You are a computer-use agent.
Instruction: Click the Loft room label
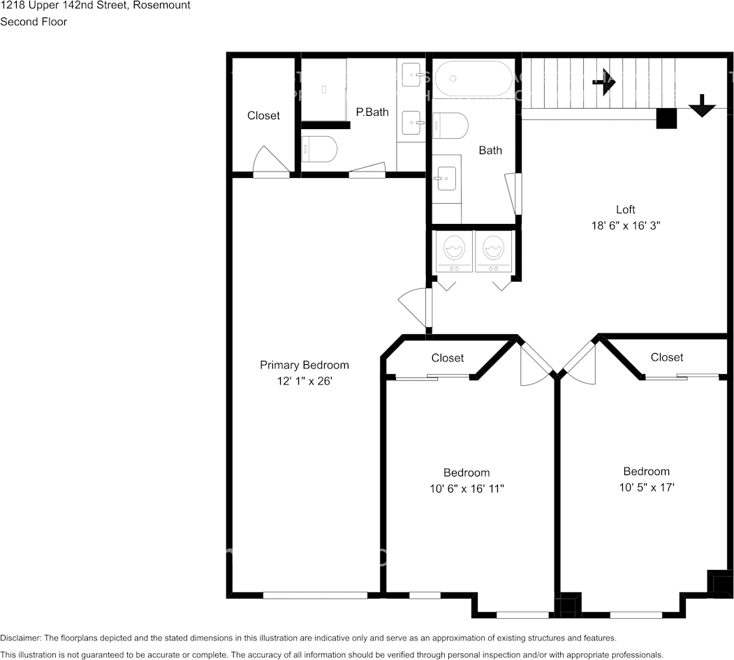(x=625, y=209)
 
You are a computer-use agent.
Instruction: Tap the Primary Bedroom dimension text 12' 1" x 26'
(x=304, y=381)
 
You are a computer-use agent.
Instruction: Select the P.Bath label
(x=372, y=112)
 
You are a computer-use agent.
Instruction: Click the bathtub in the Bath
(x=474, y=79)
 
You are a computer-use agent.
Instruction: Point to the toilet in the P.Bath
(x=318, y=149)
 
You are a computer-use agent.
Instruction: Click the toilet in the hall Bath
(x=450, y=126)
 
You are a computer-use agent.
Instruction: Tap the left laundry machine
(x=454, y=252)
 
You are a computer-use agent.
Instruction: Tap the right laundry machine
(x=493, y=252)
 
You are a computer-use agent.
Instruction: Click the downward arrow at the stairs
(x=702, y=106)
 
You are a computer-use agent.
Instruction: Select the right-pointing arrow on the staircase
(x=604, y=83)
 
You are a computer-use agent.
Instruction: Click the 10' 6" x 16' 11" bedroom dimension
(x=467, y=489)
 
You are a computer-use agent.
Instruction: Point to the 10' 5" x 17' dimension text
(x=647, y=488)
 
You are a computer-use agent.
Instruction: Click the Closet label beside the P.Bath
(x=263, y=116)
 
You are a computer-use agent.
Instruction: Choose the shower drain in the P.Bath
(x=323, y=89)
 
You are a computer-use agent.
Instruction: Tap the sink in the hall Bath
(x=446, y=178)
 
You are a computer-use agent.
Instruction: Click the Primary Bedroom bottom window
(x=315, y=595)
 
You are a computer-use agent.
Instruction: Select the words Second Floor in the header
(x=34, y=22)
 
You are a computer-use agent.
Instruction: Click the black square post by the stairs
(x=666, y=119)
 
